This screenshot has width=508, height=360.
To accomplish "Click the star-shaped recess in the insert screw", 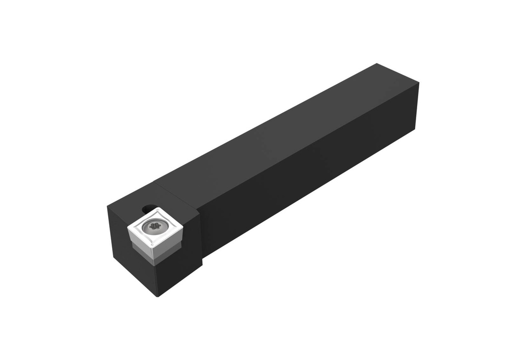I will coord(152,227).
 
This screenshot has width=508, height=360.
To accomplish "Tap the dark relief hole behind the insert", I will coord(147,209).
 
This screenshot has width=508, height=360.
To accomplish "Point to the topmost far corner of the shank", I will coord(377,63).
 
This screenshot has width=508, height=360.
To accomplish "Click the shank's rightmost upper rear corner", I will coord(419,83).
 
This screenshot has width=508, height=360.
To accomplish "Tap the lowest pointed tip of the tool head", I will coord(157,296).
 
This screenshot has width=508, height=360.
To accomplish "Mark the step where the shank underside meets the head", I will coord(202,258).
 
